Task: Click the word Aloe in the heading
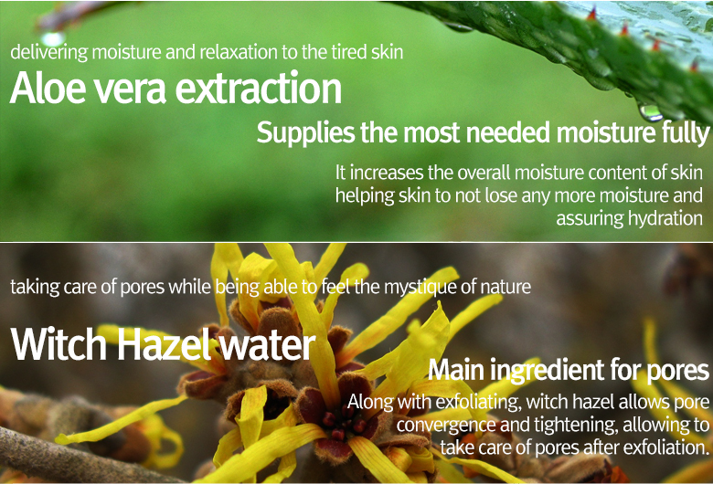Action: coord(48,88)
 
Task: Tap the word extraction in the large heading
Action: coord(259,88)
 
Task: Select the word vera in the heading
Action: coord(130,91)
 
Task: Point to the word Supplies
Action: coord(305,132)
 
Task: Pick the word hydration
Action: coord(665,218)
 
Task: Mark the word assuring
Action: coord(589,219)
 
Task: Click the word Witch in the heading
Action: coord(59,344)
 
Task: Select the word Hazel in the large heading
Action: coord(164,344)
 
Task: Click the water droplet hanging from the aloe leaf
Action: coord(650,112)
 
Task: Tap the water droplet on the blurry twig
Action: coord(53,38)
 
